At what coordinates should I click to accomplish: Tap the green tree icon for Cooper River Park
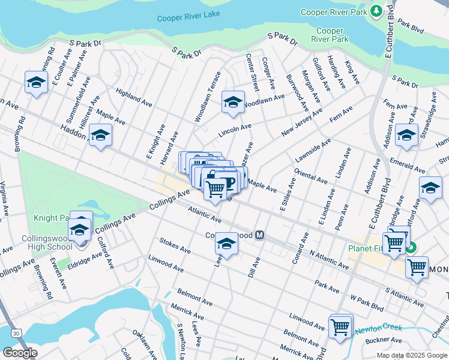tap(376, 11)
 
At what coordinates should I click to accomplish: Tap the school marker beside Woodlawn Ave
tap(233, 102)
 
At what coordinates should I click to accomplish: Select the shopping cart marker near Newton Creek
tap(340, 327)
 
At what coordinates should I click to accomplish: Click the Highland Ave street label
tap(134, 95)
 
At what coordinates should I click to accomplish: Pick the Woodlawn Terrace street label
tap(207, 97)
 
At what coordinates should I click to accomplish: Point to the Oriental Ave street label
tap(310, 174)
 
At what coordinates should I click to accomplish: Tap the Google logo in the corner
tap(19, 353)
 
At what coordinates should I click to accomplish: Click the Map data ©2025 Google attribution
tap(412, 355)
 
